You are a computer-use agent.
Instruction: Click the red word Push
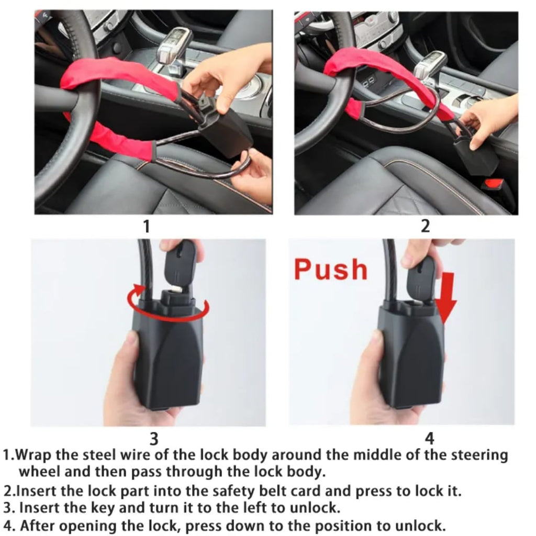coord(330,269)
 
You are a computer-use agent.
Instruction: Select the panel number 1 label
coord(147,226)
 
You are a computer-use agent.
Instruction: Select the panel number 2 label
coord(426,226)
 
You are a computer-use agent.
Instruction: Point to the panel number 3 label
coord(154,438)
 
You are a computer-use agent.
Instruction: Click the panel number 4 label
coord(429,438)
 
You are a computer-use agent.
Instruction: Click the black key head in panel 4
coord(421,275)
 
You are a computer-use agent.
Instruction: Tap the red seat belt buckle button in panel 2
coord(494,185)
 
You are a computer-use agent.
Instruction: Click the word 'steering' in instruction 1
coord(477,455)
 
